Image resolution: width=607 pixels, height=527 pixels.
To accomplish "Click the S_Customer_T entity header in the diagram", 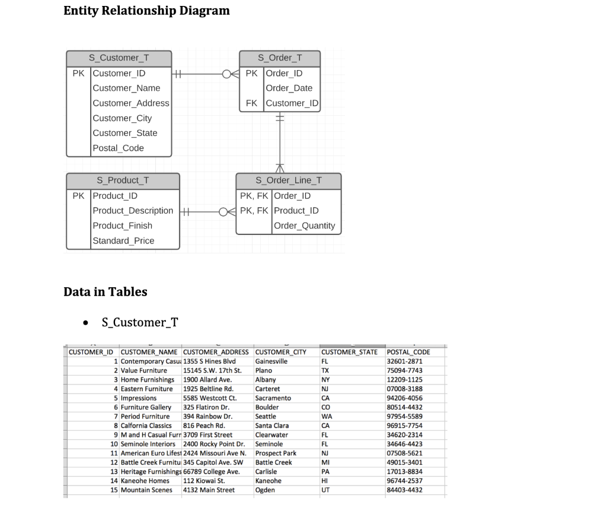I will pyautogui.click(x=119, y=58).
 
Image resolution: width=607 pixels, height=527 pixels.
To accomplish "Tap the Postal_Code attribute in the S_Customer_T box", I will pyautogui.click(x=118, y=148).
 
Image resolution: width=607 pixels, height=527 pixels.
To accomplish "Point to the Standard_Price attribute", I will pyautogui.click(x=123, y=240).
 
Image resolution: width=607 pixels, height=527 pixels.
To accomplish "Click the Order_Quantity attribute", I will pyautogui.click(x=304, y=226).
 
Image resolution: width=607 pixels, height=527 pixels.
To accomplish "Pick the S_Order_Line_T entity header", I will pyautogui.click(x=289, y=180).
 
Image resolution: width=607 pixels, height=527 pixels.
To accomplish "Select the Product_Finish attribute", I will pyautogui.click(x=122, y=226).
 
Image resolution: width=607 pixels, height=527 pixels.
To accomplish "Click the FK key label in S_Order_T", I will pyautogui.click(x=251, y=103).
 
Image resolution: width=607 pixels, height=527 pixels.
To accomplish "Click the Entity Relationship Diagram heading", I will pyautogui.click(x=146, y=11).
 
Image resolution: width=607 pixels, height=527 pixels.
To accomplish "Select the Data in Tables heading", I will pyautogui.click(x=106, y=291).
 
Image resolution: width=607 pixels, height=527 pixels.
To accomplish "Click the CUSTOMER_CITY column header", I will pyautogui.click(x=280, y=352).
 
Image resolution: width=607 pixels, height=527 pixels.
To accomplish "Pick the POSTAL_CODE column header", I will pyautogui.click(x=408, y=352).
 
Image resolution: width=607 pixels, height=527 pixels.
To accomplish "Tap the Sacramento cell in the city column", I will pyautogui.click(x=273, y=398).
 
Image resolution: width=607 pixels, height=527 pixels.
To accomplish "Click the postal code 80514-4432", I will pyautogui.click(x=404, y=407).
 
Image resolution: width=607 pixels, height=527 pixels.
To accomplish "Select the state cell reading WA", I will pyautogui.click(x=326, y=417).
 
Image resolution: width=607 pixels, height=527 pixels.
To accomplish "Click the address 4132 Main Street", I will pyautogui.click(x=209, y=490).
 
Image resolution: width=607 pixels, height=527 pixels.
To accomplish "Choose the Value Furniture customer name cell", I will pyautogui.click(x=143, y=370).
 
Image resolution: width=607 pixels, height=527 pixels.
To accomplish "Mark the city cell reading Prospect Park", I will pyautogui.click(x=276, y=453).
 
